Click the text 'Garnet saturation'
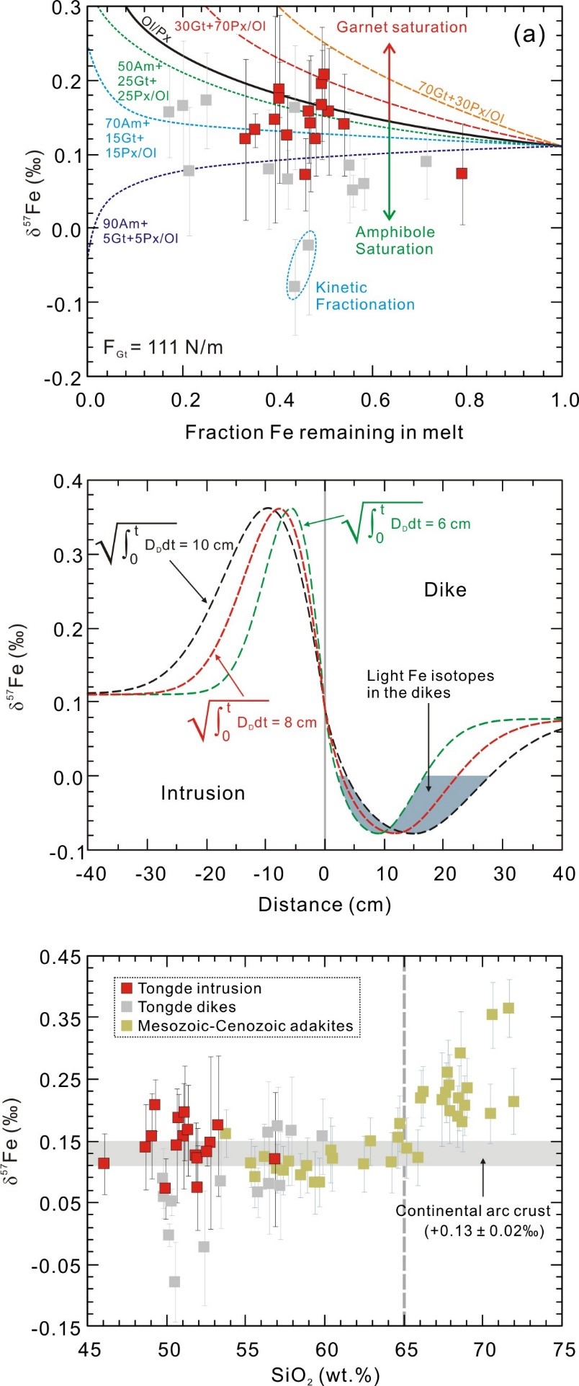[x=402, y=27]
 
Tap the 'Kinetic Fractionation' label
[x=365, y=295]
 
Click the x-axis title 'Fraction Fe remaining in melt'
[x=324, y=432]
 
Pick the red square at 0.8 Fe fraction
[x=462, y=173]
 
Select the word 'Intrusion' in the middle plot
[x=202, y=793]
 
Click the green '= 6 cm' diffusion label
[x=431, y=524]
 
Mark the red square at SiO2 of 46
[x=104, y=1163]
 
